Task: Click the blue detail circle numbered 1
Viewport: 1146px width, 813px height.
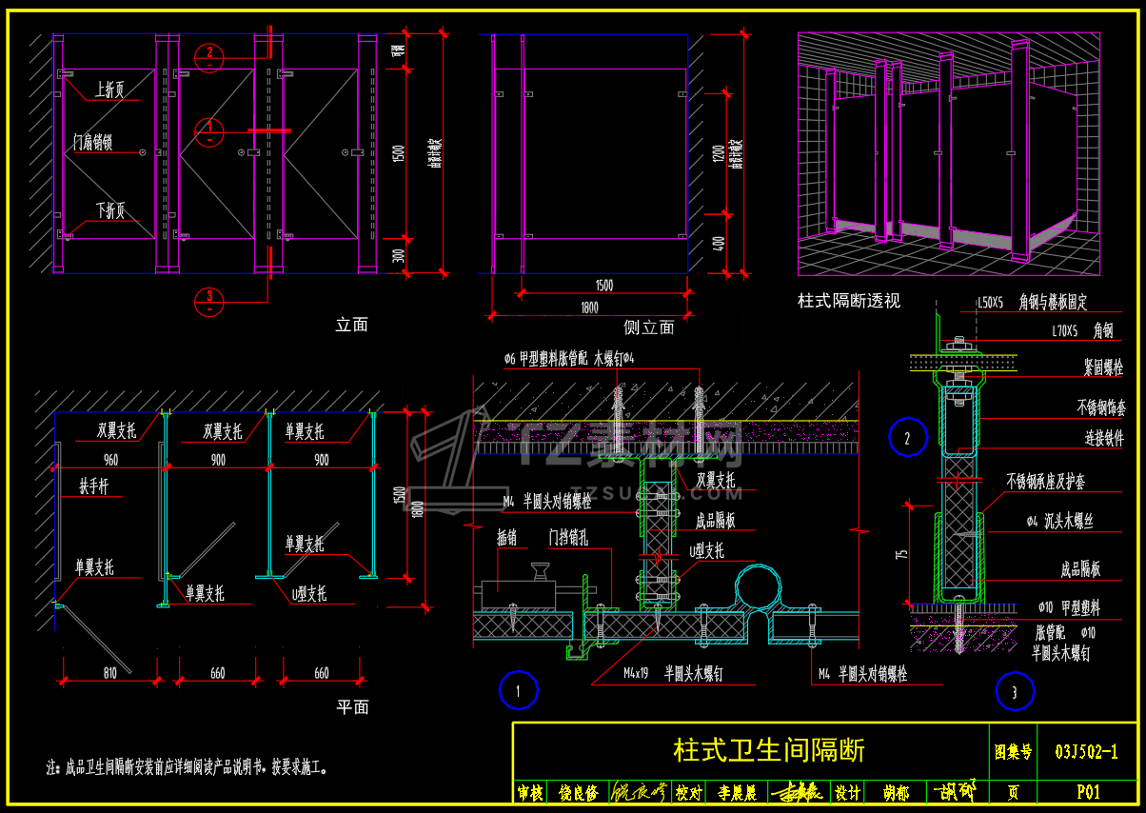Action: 519,691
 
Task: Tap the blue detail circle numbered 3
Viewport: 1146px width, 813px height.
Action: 1015,691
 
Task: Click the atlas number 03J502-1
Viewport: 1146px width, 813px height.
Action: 1086,751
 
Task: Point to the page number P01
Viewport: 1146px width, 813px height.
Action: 1088,792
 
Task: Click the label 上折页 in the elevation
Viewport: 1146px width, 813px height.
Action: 109,89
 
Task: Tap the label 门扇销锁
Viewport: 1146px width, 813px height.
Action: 93,143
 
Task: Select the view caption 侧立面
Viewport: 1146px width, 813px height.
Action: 648,327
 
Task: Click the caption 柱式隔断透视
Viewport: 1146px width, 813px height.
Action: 848,301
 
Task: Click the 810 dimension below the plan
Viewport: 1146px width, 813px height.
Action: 109,673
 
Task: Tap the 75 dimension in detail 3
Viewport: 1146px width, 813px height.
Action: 903,552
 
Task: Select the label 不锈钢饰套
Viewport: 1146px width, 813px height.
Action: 1101,407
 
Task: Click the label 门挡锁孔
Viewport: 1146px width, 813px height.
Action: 567,538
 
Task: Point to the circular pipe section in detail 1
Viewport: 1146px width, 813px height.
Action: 757,585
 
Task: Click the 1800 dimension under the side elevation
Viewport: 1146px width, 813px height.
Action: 589,307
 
